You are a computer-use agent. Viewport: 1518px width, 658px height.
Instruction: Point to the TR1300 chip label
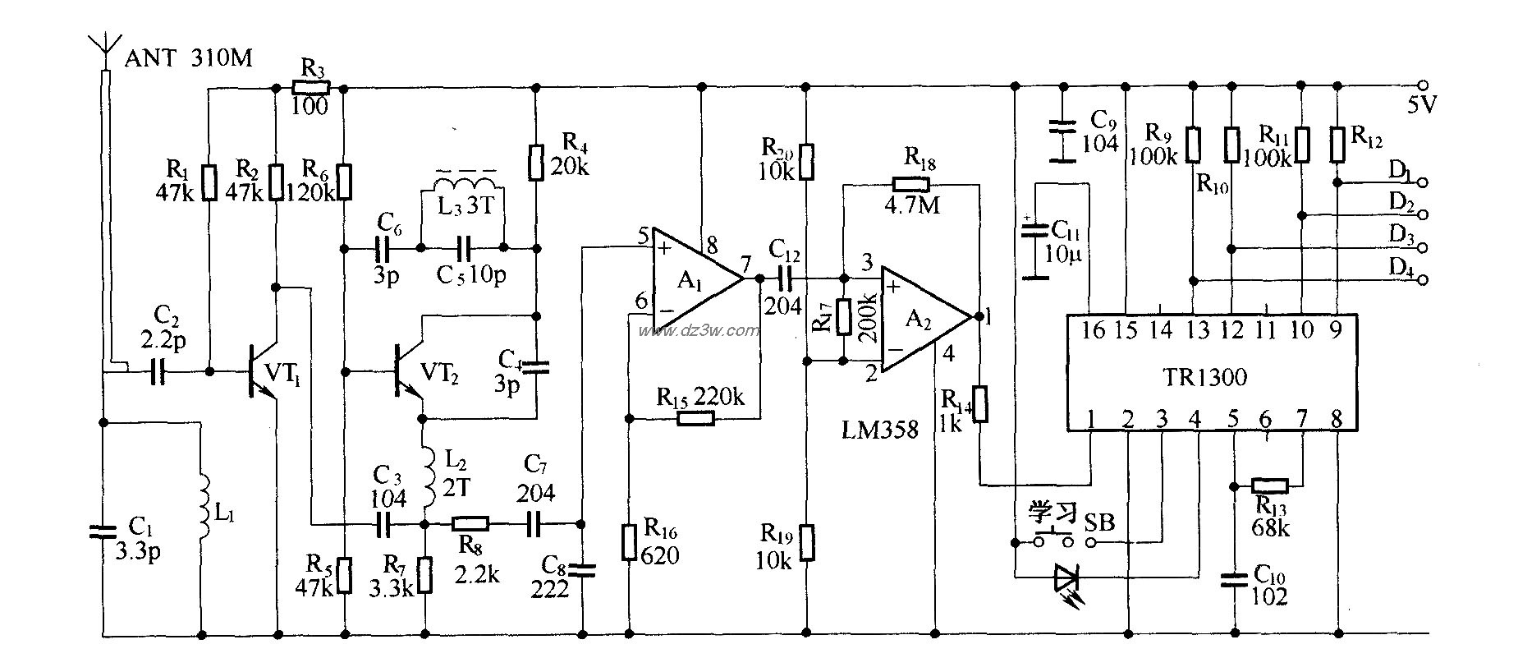(1204, 377)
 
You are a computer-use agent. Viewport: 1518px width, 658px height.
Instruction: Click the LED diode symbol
(1066, 577)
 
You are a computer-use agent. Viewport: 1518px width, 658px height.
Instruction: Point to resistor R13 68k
(1268, 485)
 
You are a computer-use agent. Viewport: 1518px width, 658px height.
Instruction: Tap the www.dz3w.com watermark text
(699, 331)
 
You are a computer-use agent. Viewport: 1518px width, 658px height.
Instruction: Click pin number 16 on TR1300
(1093, 330)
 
